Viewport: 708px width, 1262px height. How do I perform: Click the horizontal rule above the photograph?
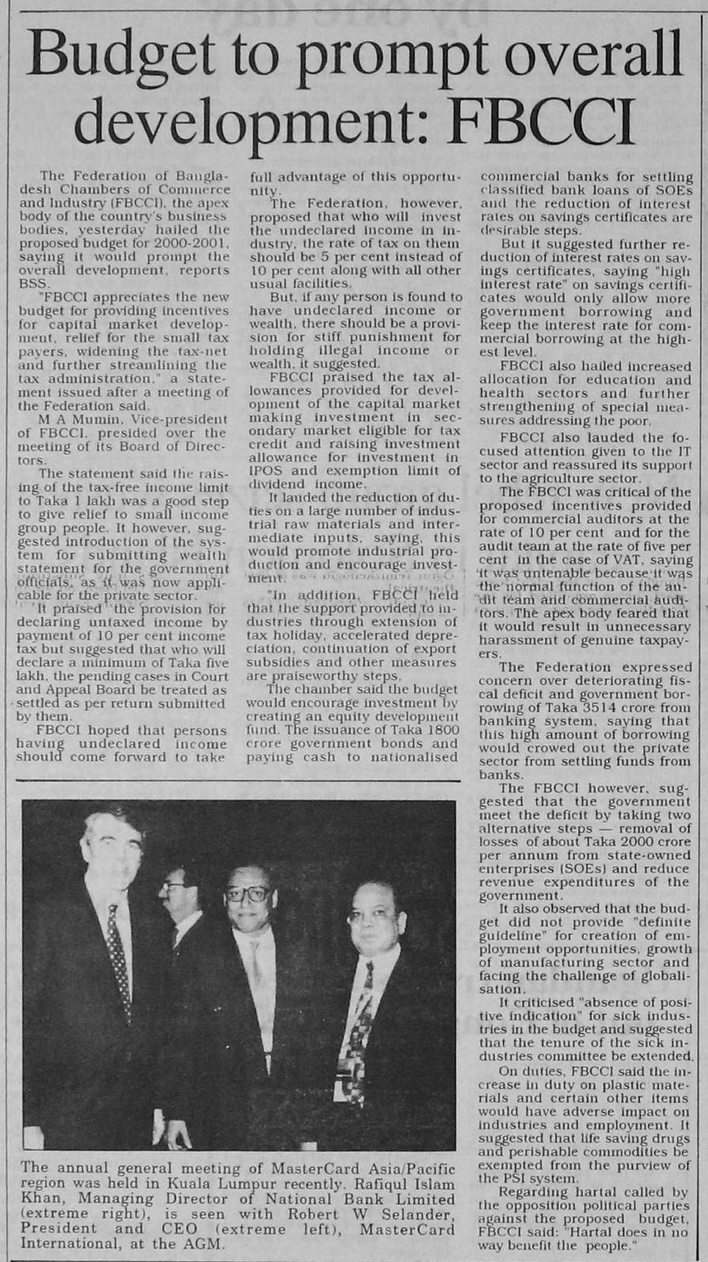[237, 781]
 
